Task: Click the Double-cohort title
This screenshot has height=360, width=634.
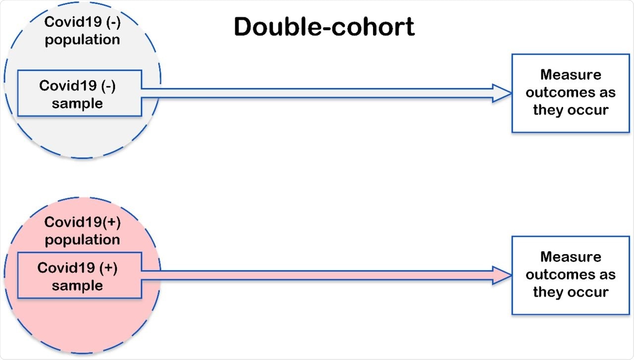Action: click(324, 27)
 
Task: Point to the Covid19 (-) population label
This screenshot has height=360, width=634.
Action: click(82, 31)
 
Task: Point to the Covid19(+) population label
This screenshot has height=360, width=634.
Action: click(82, 231)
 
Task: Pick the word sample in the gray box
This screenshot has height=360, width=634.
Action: click(77, 103)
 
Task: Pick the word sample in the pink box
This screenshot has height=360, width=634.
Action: click(77, 286)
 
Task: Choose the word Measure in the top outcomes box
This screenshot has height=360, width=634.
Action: click(571, 75)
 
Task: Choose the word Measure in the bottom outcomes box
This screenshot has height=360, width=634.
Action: click(571, 257)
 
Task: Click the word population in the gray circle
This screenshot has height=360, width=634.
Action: click(82, 40)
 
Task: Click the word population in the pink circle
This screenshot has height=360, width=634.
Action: click(82, 240)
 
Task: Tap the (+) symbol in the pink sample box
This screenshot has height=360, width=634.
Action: click(108, 268)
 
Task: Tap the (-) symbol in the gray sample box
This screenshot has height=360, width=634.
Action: click(108, 86)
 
